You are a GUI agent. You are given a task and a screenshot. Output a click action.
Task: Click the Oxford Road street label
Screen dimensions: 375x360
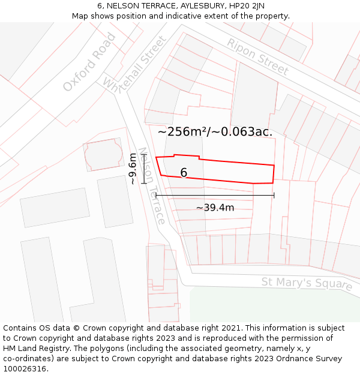tap(90, 62)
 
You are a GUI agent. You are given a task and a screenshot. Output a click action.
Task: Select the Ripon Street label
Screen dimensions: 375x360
tap(257, 56)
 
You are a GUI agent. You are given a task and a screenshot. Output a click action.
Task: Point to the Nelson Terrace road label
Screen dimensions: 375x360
tap(151, 186)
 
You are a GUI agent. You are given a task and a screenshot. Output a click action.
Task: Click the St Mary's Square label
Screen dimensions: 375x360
tap(307, 283)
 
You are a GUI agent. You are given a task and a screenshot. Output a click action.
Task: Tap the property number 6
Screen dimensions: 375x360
tap(184, 173)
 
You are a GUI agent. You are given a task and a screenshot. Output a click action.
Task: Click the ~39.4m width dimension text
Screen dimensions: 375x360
tap(215, 208)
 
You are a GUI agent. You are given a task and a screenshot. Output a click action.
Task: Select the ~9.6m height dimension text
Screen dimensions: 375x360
tap(133, 169)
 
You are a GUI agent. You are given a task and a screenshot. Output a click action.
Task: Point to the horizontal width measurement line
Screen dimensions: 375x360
tap(215, 195)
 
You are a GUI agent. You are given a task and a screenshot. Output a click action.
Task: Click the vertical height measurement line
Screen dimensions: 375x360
tap(144, 169)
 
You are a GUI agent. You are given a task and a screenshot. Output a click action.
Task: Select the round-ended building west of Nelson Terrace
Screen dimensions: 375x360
tap(103, 155)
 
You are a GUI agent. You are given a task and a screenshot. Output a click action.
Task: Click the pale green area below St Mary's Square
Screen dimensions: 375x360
tap(270, 306)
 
